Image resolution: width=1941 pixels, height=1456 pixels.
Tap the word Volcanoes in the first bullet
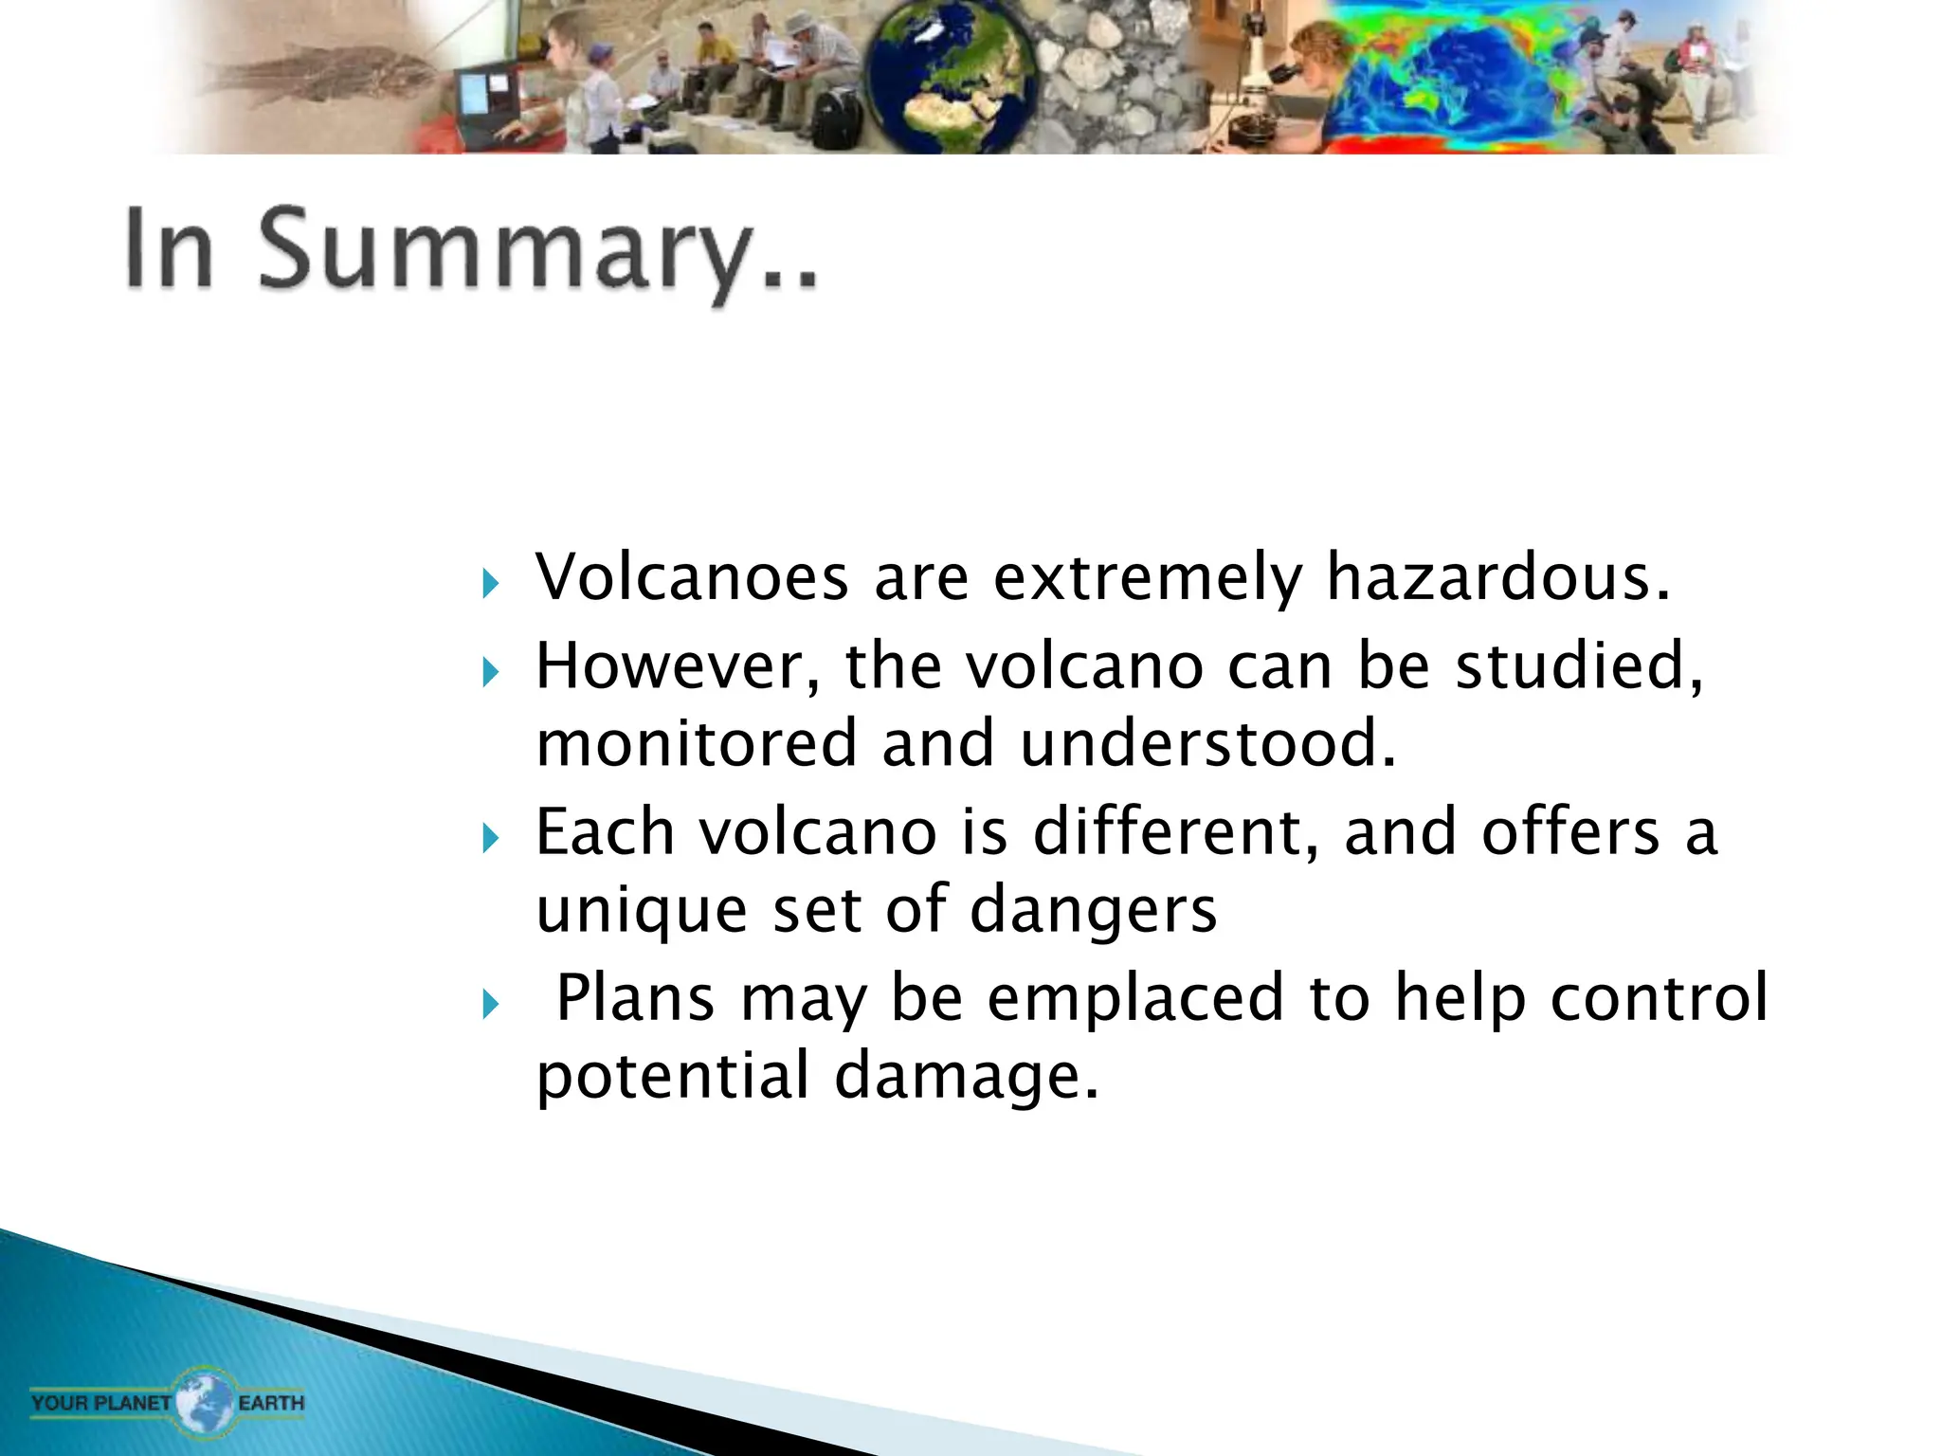(x=691, y=577)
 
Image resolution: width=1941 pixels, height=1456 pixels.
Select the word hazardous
(x=1498, y=577)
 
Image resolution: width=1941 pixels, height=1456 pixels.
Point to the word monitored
(x=697, y=744)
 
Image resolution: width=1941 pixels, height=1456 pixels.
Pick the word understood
(x=1207, y=744)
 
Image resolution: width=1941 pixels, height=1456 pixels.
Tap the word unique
(x=642, y=910)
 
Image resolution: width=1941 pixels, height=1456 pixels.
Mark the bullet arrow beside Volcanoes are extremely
(x=490, y=583)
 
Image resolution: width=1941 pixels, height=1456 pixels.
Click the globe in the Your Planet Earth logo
(x=205, y=1400)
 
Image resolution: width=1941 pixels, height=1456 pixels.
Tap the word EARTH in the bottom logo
(x=271, y=1402)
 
